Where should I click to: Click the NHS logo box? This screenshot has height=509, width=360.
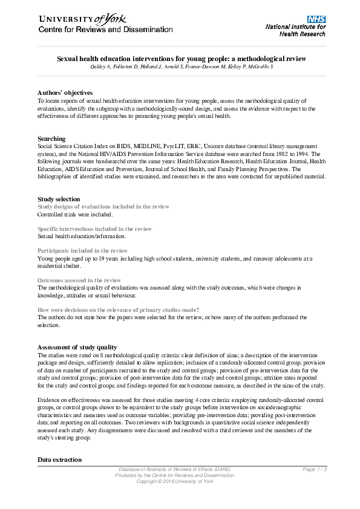[316, 20]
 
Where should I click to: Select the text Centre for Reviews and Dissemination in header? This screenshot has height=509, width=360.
[105, 30]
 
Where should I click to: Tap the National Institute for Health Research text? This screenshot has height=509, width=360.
[296, 31]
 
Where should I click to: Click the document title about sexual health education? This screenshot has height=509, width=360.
[181, 59]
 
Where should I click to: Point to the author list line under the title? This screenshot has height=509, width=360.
[181, 66]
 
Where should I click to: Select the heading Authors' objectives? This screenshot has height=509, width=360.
[65, 92]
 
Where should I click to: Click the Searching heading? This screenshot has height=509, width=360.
[51, 139]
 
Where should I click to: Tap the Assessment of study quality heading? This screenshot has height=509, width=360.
[77, 348]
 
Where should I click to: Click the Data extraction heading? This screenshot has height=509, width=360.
[59, 459]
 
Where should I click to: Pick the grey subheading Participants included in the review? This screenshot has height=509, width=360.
[82, 250]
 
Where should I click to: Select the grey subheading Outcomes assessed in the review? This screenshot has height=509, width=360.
[79, 280]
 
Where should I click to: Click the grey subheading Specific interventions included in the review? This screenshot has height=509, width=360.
[94, 229]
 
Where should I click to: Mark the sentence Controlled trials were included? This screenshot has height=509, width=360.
[74, 215]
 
